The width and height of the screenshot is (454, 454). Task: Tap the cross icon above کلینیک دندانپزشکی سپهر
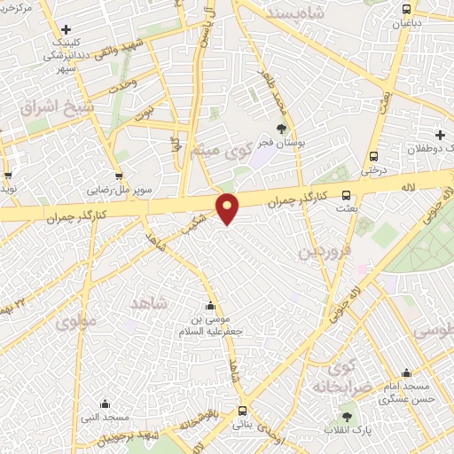click(65, 30)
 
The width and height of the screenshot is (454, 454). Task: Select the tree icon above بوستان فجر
click(282, 130)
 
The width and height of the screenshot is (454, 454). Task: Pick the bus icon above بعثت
click(346, 195)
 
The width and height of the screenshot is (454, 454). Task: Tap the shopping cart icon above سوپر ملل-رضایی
click(118, 176)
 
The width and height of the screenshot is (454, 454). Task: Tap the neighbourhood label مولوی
click(74, 323)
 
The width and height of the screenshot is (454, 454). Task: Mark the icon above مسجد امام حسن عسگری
click(406, 372)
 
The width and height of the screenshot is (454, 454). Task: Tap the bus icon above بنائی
click(242, 411)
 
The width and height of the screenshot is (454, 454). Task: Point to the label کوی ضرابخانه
click(335, 376)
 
